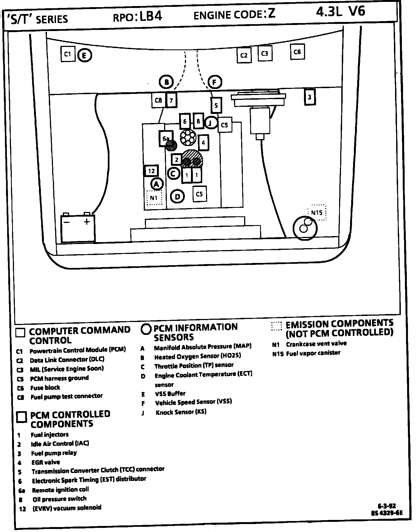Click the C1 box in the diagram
(x=68, y=54)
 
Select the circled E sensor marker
(x=84, y=55)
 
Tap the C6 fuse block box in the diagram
(x=297, y=52)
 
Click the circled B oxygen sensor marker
(x=166, y=82)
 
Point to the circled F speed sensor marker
(x=215, y=82)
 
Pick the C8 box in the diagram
(x=158, y=100)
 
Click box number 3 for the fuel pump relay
(x=310, y=97)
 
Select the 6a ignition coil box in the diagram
(x=166, y=139)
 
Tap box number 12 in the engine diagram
(x=151, y=171)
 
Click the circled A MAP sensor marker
(x=157, y=184)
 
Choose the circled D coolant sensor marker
(x=177, y=196)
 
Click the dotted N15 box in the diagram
(x=317, y=212)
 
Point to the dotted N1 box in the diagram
(x=154, y=198)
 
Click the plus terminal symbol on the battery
(x=87, y=222)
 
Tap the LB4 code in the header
(x=151, y=17)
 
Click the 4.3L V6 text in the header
(x=340, y=12)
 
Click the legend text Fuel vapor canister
(x=313, y=353)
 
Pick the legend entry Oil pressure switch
(x=60, y=499)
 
